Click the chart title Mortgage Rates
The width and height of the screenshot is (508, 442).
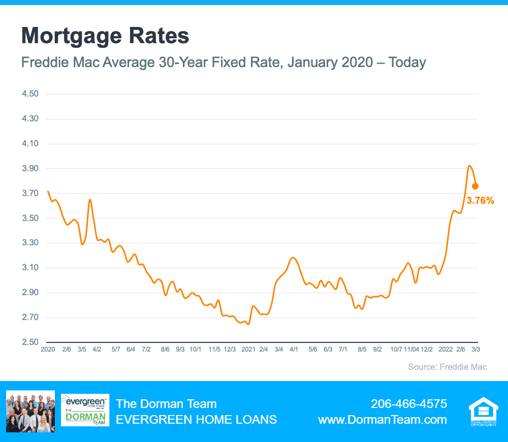(x=105, y=36)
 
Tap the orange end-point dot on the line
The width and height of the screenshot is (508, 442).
(x=475, y=186)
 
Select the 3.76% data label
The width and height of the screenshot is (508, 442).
(x=480, y=201)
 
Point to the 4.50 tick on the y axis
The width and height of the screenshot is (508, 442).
(x=30, y=93)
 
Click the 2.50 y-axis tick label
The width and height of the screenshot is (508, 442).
(x=30, y=342)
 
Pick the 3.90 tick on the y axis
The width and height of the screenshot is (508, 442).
(x=30, y=168)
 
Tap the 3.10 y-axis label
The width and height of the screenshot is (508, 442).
(x=30, y=267)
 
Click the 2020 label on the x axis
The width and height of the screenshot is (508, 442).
(x=48, y=350)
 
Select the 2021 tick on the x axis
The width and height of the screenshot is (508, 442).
(x=248, y=350)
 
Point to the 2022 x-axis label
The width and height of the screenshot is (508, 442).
(x=446, y=350)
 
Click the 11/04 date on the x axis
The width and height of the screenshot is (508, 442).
(x=411, y=350)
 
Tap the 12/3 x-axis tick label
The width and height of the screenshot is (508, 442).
(x=230, y=350)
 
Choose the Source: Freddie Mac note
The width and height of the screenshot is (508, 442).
(x=448, y=367)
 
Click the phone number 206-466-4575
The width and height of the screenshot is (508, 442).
(x=409, y=404)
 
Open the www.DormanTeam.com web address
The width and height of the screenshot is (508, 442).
(x=383, y=420)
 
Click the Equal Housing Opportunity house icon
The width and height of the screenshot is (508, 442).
(x=484, y=411)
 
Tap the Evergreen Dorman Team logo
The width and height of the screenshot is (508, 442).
(x=85, y=410)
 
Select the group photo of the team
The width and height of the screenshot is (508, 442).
(x=30, y=411)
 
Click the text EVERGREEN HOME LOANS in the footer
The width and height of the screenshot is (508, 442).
(x=196, y=420)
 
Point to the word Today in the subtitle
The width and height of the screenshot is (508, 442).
(x=407, y=62)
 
